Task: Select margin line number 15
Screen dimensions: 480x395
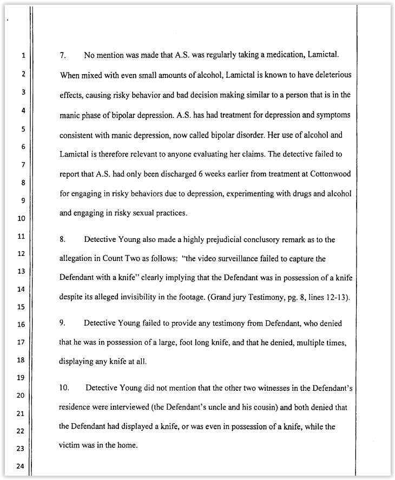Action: tap(22, 307)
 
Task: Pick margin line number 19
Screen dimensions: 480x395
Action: tap(22, 377)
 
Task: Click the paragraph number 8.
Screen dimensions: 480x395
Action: tap(62, 239)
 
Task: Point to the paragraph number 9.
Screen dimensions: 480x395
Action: tap(62, 323)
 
